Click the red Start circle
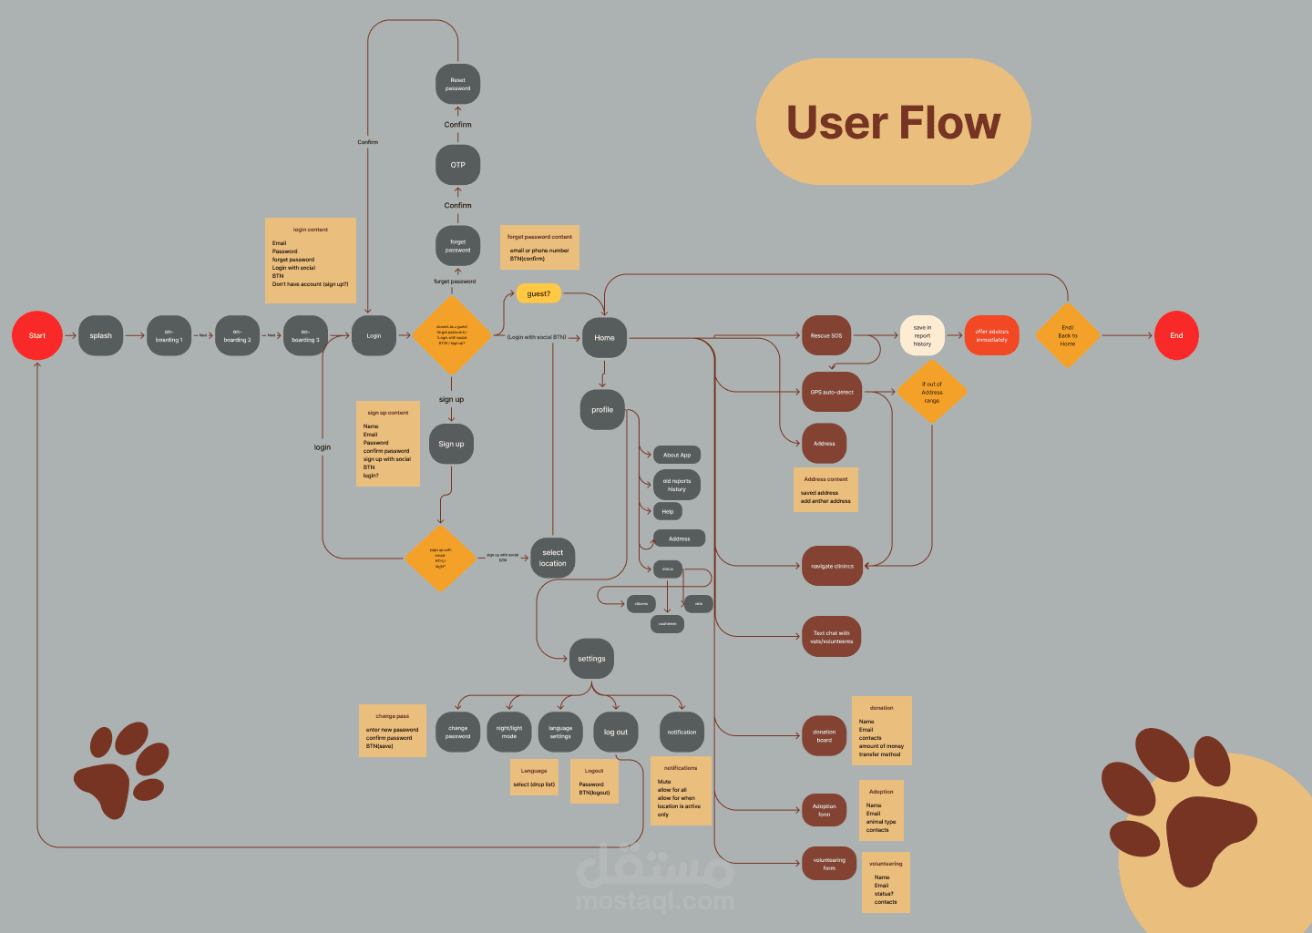36,335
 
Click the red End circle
1176,335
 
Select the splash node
100,335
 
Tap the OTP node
457,165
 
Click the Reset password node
457,84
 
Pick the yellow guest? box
538,293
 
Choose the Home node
604,337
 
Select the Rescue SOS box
826,335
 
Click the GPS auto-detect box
832,392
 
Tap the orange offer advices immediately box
991,335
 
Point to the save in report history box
922,335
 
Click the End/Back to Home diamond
1067,335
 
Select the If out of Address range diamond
931,392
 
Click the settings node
591,659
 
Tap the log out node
616,732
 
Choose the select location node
552,558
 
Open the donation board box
824,735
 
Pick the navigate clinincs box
832,566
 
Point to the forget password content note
539,248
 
